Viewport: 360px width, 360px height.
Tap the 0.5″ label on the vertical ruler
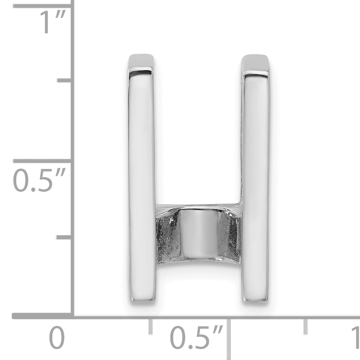point(38,180)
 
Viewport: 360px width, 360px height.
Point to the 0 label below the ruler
point(57,338)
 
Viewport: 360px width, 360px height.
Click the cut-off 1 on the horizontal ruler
point(356,338)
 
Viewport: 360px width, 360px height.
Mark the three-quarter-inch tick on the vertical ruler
point(64,80)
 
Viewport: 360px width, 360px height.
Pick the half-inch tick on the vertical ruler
point(43,160)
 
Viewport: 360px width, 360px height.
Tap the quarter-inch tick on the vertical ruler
point(64,237)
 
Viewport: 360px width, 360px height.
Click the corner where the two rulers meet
point(72,316)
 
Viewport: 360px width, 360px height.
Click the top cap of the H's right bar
point(255,62)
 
